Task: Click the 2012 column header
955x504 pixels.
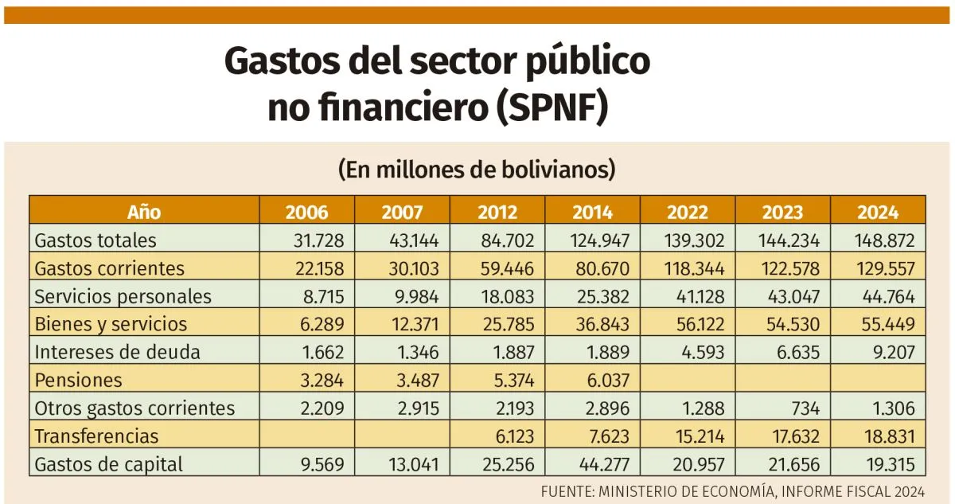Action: [497, 212]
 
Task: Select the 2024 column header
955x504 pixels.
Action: [878, 212]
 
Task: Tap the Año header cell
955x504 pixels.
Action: [144, 212]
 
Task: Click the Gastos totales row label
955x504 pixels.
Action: [95, 240]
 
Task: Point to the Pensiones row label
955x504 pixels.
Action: [78, 380]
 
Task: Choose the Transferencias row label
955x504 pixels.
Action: [96, 436]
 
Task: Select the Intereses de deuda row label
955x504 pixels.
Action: [116, 352]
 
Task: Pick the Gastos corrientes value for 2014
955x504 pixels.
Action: [602, 268]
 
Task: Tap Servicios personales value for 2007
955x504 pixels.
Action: [412, 296]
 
